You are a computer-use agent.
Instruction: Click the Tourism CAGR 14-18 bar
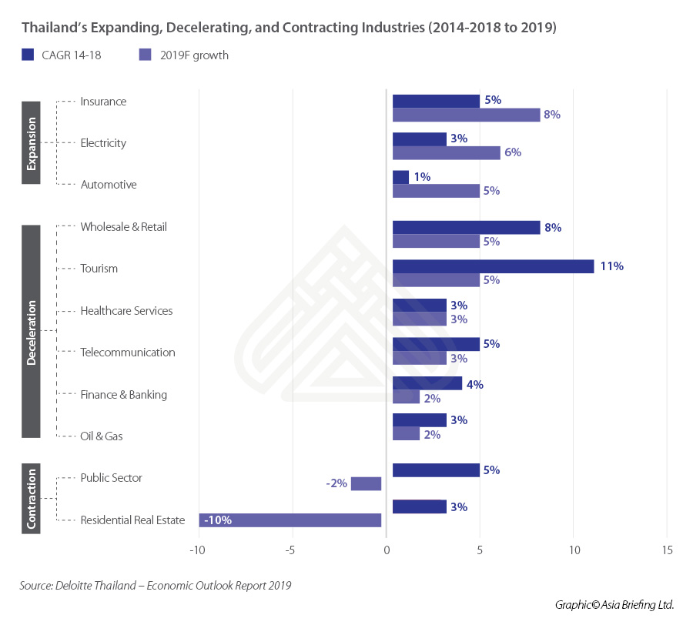(493, 266)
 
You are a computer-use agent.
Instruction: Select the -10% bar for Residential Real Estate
(290, 520)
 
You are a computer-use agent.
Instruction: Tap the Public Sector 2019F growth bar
(366, 483)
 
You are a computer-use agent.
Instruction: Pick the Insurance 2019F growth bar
(466, 115)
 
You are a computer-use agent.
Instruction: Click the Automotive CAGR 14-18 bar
(400, 177)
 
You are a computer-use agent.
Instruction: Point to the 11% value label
(612, 266)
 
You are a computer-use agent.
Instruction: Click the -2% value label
(336, 483)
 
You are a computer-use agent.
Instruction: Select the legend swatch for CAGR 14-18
(28, 55)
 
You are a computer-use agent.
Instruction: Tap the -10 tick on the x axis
(199, 550)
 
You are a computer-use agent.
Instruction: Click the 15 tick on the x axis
(666, 550)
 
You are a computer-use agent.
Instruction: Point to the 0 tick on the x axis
(386, 550)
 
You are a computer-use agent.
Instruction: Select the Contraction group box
(32, 499)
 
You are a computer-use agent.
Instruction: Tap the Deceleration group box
(32, 332)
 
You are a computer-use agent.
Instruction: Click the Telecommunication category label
(128, 353)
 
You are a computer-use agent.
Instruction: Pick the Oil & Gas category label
(102, 436)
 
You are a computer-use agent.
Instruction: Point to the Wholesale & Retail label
(123, 227)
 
